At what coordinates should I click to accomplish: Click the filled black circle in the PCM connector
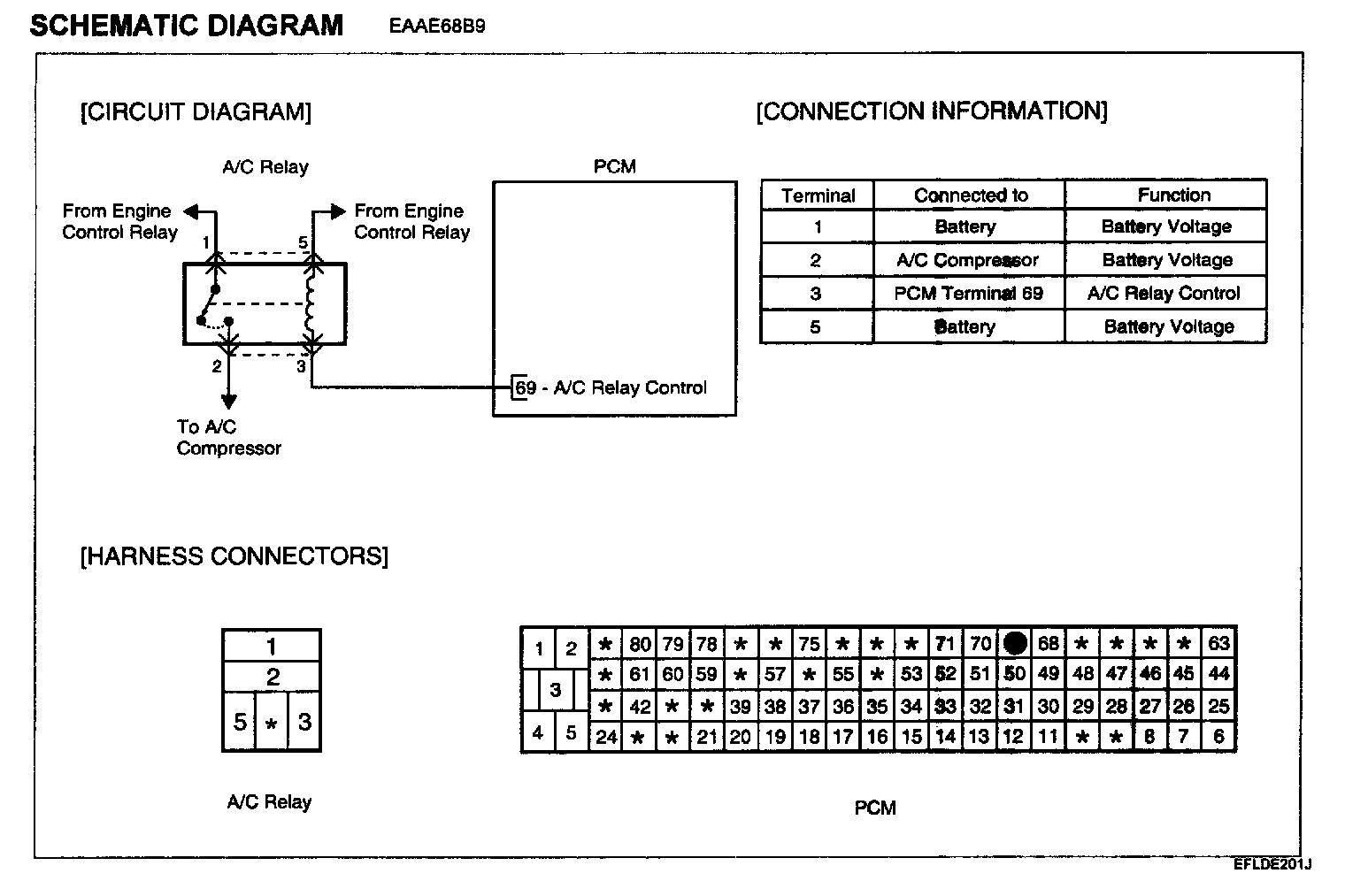click(x=1014, y=643)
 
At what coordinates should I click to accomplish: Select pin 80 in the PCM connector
click(x=640, y=644)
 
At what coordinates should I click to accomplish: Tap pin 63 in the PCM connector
click(x=1218, y=643)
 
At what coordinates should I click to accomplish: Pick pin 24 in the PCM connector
click(x=606, y=737)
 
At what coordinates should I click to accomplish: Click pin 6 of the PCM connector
click(x=1218, y=737)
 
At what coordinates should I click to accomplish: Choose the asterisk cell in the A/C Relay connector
click(x=272, y=724)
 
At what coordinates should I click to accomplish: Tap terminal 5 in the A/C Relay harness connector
click(x=239, y=723)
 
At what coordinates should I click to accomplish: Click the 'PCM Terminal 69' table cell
click(x=968, y=294)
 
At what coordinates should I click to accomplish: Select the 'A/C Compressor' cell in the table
click(x=967, y=260)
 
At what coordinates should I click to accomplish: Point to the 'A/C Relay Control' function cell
click(x=1164, y=294)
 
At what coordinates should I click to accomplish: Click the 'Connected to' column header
click(x=970, y=195)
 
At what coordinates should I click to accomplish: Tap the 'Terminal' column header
click(x=818, y=196)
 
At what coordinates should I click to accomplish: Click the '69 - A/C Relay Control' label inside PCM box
click(x=611, y=388)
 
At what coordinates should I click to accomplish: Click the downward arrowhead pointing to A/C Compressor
click(x=229, y=400)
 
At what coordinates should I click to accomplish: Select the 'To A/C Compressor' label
click(x=228, y=437)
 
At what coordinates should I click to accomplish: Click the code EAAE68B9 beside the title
click(x=437, y=26)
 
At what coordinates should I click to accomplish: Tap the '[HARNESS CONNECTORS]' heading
click(x=234, y=556)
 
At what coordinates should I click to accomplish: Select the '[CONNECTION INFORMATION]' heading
click(x=931, y=111)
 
